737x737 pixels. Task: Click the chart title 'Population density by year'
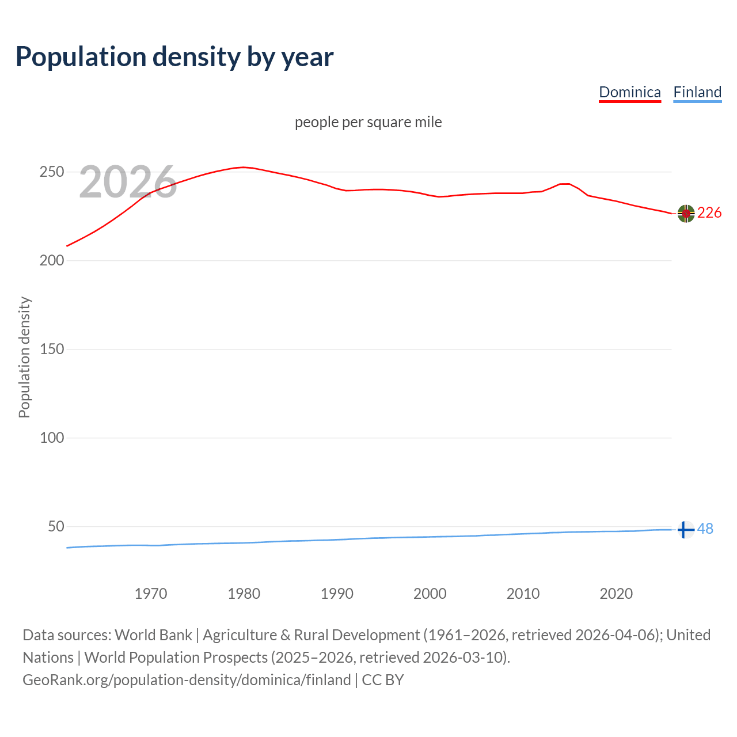(x=174, y=57)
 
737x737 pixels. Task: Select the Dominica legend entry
(x=630, y=92)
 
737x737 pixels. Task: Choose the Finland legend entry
(x=697, y=92)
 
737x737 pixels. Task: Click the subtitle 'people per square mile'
(x=368, y=122)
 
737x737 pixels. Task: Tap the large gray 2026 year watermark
(x=128, y=182)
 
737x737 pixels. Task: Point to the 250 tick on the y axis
(x=51, y=172)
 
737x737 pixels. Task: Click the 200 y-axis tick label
(x=51, y=261)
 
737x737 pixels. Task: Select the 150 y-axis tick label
(x=51, y=349)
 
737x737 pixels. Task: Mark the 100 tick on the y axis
(x=51, y=438)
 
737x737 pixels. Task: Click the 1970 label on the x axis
(x=151, y=594)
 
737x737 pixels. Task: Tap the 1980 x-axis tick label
(x=244, y=594)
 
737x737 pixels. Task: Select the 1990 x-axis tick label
(x=337, y=594)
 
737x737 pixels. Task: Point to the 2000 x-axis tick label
(x=430, y=594)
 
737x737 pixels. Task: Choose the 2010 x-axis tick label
(x=523, y=594)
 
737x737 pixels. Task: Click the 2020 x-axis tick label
(x=616, y=594)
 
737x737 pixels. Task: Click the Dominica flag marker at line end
(x=686, y=214)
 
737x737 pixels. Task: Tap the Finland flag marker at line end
(x=685, y=529)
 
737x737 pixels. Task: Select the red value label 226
(x=709, y=213)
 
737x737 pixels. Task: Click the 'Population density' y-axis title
(x=24, y=357)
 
